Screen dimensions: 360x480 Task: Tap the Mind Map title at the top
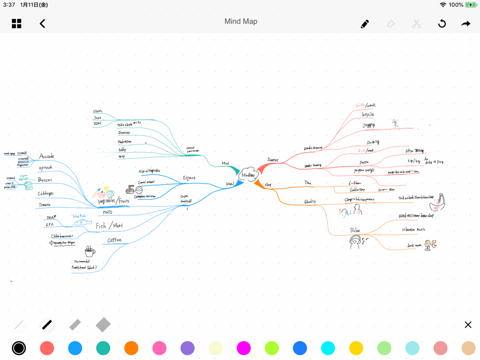[x=240, y=22]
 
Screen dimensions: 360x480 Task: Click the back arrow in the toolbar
[x=42, y=24]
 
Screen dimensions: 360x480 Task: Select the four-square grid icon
[x=17, y=24]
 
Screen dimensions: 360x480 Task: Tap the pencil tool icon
[x=365, y=24]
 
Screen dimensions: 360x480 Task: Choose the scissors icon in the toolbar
[x=416, y=24]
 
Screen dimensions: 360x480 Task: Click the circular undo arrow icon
[x=442, y=24]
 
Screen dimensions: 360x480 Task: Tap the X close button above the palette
[x=468, y=325]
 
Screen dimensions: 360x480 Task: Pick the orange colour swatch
[x=131, y=348]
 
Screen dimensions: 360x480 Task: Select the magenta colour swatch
[x=243, y=348]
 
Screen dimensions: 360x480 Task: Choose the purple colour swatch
[x=187, y=348]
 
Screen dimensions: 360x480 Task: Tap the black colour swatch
[x=19, y=348]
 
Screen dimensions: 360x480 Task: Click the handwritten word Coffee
[x=114, y=240]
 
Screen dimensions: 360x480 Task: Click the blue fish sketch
[x=82, y=222]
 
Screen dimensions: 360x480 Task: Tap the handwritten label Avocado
[x=47, y=156]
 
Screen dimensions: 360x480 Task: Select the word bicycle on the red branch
[x=368, y=114]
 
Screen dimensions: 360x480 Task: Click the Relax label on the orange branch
[x=355, y=231]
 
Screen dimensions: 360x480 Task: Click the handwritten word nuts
[x=107, y=212]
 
